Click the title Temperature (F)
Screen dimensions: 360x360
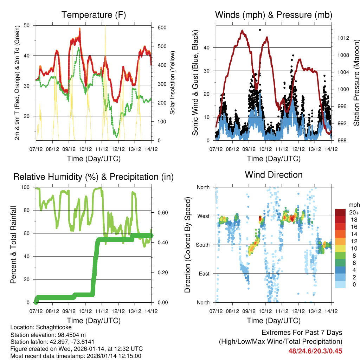pyautogui.click(x=94, y=15)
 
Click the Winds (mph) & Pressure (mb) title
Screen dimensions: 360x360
pyautogui.click(x=274, y=15)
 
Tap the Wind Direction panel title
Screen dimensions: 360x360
pyautogui.click(x=274, y=174)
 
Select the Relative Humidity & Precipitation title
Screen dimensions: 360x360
pyautogui.click(x=94, y=177)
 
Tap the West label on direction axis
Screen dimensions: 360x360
pyautogui.click(x=203, y=216)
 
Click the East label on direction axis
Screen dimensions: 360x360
pyautogui.click(x=204, y=274)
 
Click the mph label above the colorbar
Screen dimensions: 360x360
pyautogui.click(x=353, y=205)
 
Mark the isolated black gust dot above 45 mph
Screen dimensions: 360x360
pyautogui.click(x=260, y=30)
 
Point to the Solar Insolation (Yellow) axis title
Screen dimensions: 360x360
pyautogui.click(x=173, y=83)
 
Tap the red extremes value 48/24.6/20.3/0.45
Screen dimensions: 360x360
pyautogui.click(x=315, y=351)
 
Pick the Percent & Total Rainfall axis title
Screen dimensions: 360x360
pyautogui.click(x=13, y=245)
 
